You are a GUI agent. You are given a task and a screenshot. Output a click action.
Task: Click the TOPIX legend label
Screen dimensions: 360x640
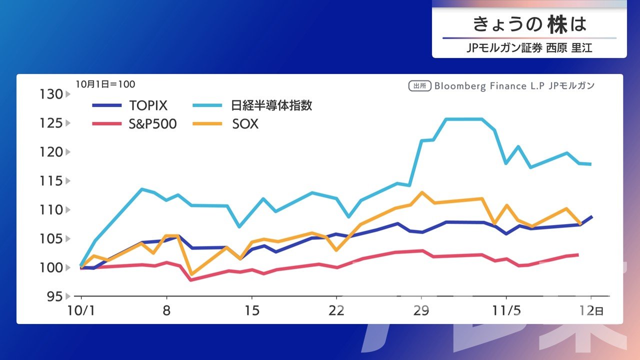point(148,105)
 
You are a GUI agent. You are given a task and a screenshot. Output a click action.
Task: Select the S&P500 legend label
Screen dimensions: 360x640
point(153,124)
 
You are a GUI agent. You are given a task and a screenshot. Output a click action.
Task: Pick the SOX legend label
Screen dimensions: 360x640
point(245,124)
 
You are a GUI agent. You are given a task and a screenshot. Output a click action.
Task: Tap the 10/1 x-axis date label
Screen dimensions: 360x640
point(81,310)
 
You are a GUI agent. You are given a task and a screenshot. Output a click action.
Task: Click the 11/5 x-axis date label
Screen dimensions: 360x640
point(506,310)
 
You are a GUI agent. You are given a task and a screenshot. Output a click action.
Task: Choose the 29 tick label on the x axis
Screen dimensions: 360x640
point(421,310)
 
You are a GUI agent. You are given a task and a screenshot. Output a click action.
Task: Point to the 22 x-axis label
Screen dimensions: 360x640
point(336,310)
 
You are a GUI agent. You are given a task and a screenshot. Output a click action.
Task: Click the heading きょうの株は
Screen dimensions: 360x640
point(529,24)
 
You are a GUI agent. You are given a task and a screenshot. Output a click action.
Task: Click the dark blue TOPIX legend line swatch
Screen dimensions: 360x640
point(107,105)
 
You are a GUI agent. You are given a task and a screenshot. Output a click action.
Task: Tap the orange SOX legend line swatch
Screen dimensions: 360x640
point(206,124)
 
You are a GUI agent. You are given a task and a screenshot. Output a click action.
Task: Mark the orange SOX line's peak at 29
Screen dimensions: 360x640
point(422,192)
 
